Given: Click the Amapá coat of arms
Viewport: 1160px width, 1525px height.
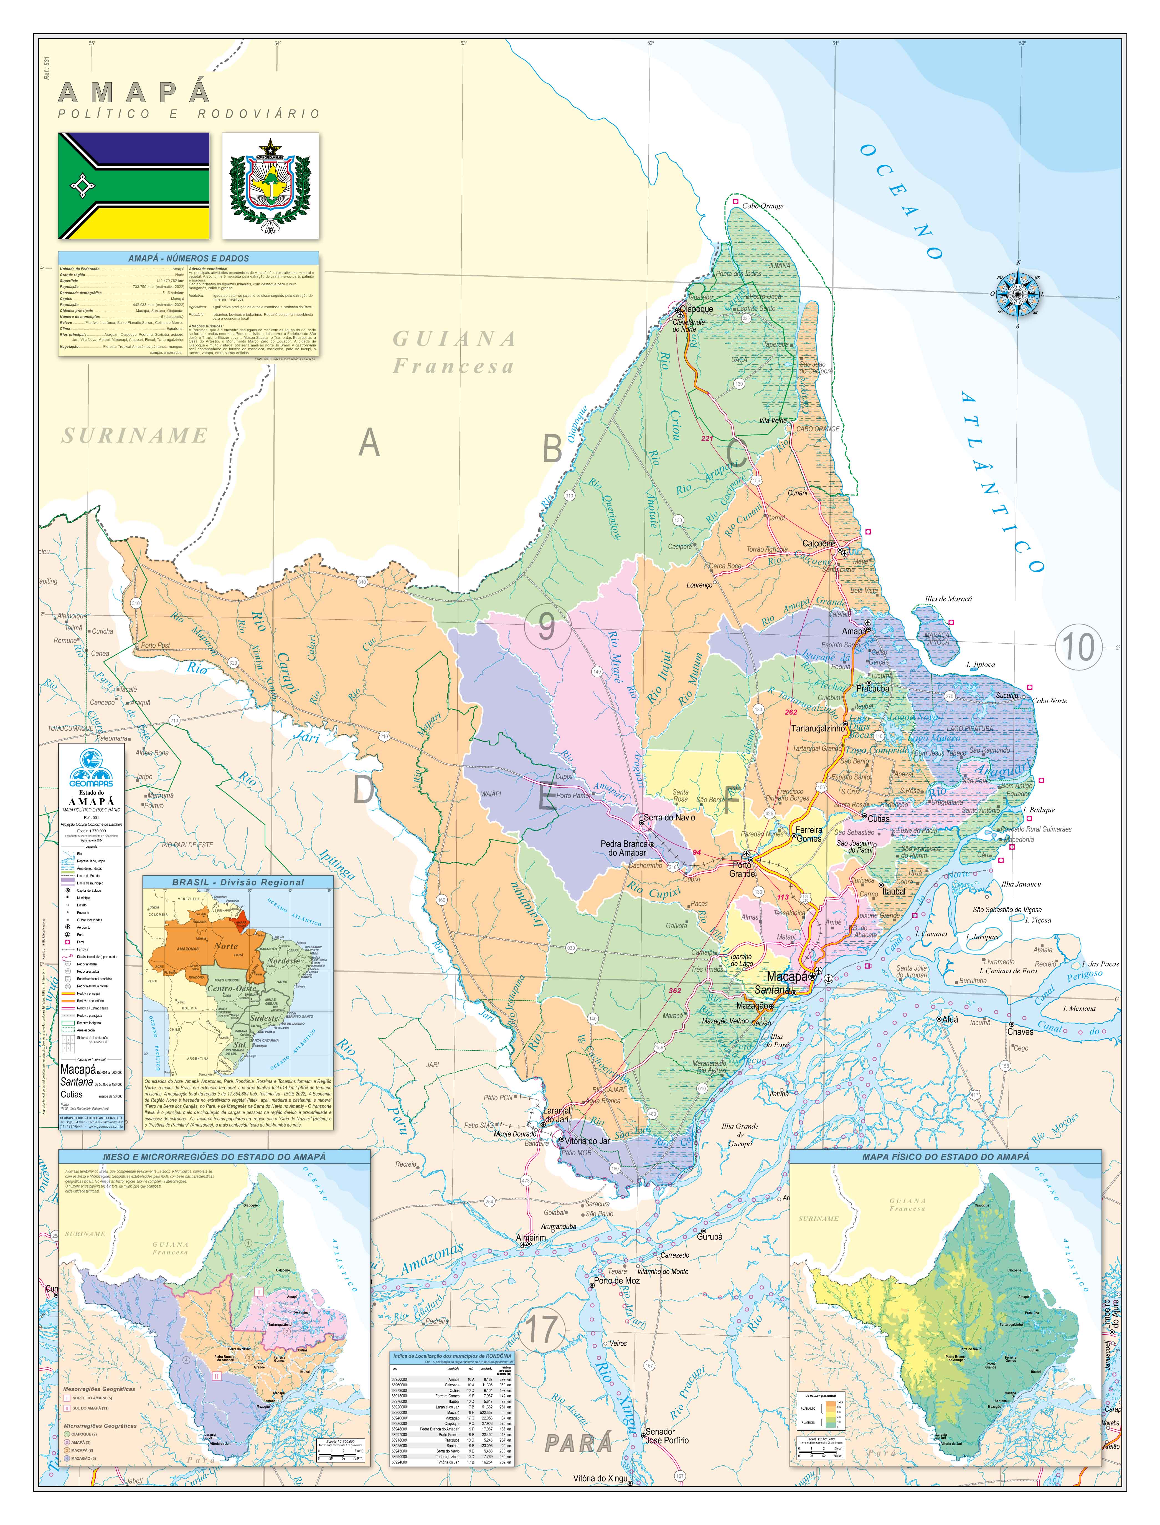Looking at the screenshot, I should pos(270,186).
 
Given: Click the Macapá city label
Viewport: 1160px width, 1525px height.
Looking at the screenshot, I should pos(787,977).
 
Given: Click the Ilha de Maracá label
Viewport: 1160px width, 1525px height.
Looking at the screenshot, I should pos(948,599).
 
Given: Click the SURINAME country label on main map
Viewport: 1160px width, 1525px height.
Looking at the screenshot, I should pos(135,436).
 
